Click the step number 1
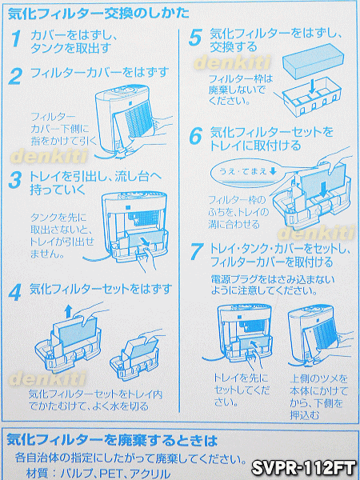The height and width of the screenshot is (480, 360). (16, 39)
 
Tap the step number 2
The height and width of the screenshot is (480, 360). (15, 76)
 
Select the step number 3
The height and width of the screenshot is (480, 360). (14, 181)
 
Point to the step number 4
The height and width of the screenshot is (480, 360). (15, 293)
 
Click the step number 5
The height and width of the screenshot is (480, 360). (195, 38)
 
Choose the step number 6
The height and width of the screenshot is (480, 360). (196, 136)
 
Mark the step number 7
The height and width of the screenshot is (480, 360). (196, 252)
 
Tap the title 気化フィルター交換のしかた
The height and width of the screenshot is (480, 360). (98, 14)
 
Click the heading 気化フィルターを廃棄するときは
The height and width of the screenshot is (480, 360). (112, 440)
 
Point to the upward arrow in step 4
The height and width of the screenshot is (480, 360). (68, 312)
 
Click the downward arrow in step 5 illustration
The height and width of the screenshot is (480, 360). (311, 86)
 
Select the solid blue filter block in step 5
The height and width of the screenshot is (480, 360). (312, 58)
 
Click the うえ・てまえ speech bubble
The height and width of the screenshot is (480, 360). (249, 173)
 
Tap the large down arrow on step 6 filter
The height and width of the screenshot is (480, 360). (323, 187)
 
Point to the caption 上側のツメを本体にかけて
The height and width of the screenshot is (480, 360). (318, 385)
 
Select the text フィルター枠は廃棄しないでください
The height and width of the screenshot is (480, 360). (240, 90)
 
